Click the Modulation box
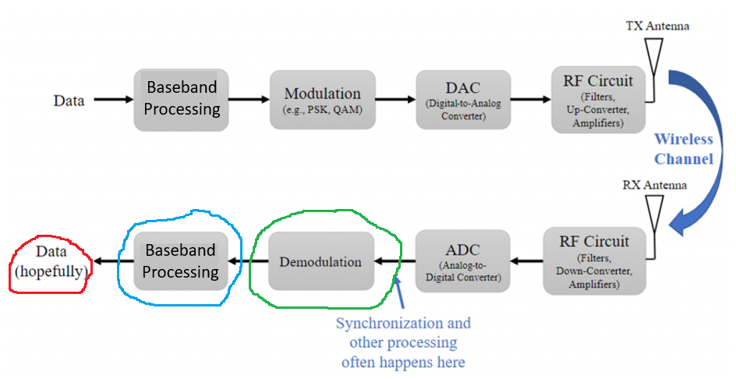tap(323, 100)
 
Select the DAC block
tap(463, 100)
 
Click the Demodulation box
tap(321, 261)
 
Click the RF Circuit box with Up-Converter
tap(598, 100)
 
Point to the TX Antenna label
tap(657, 27)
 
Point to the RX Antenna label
tap(655, 186)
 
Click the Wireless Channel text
tap(683, 149)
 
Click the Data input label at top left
tap(69, 101)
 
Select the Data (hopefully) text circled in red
tap(50, 261)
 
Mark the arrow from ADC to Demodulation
tap(395, 262)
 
